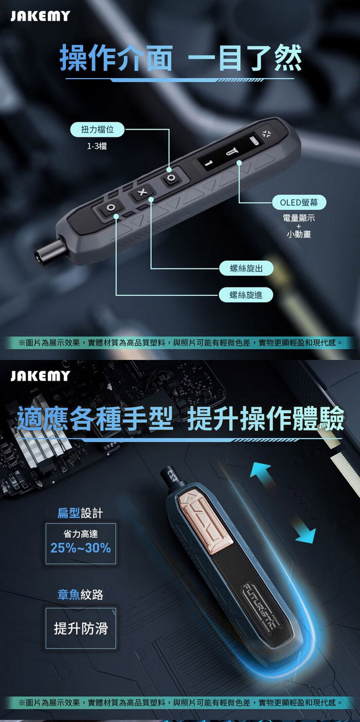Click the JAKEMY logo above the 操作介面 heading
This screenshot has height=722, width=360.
click(x=40, y=16)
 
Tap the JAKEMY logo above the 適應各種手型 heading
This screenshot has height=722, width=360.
click(x=40, y=376)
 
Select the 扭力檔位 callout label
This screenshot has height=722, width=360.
click(x=97, y=130)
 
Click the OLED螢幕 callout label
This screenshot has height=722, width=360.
click(x=299, y=203)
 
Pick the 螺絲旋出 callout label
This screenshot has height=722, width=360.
click(x=246, y=268)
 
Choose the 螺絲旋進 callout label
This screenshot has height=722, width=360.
click(x=246, y=295)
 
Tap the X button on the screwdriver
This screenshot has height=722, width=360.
click(x=142, y=193)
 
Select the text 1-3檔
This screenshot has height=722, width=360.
click(x=97, y=147)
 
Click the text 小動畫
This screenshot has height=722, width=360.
click(x=299, y=234)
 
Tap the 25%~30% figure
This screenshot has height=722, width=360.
click(x=81, y=548)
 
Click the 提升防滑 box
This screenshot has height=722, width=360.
click(x=81, y=628)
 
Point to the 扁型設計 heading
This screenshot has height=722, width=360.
click(x=80, y=513)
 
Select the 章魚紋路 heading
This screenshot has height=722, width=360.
click(x=80, y=594)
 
